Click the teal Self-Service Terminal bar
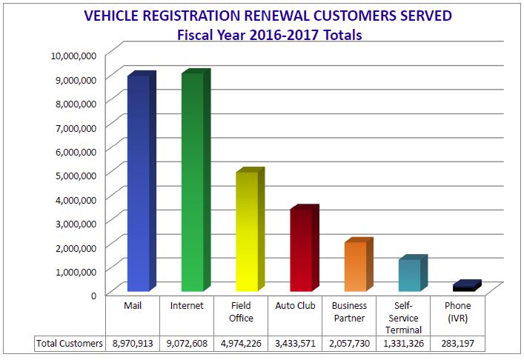409,275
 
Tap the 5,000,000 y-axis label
74,175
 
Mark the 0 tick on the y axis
93,294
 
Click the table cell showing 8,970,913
133,344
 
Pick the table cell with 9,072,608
187,344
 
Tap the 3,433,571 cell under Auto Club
295,344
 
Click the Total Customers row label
70,344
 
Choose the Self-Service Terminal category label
404,317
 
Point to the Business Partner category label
349,312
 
